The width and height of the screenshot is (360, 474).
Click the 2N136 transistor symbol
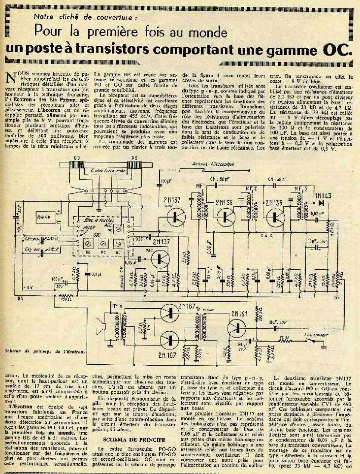[227, 216]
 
